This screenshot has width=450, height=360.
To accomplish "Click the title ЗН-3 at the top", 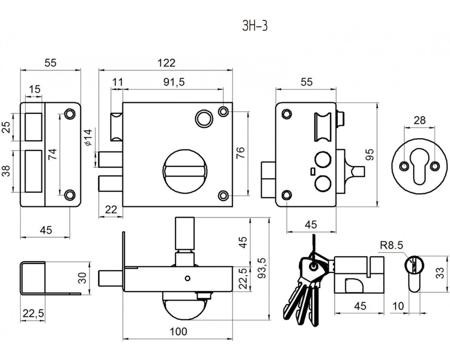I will [x=255, y=26].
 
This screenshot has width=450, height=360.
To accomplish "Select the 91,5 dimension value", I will [x=174, y=82].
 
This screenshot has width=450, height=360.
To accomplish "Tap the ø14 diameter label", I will [x=88, y=137].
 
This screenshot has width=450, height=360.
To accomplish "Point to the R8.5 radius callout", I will [x=391, y=245].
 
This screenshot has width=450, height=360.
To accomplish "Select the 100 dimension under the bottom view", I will [x=178, y=332].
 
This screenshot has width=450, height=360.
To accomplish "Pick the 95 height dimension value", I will [x=369, y=154].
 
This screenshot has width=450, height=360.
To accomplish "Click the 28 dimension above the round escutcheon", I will [x=419, y=120].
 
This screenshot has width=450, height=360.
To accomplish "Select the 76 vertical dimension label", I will [x=240, y=153].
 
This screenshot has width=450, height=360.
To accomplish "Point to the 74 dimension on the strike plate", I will [x=52, y=154].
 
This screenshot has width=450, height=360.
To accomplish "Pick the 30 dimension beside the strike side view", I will [x=82, y=278].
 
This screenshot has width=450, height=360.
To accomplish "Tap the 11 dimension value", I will [x=117, y=82].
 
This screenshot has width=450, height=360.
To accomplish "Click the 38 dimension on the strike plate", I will [x=7, y=171].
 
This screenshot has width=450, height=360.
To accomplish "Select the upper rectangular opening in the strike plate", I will [x=34, y=127].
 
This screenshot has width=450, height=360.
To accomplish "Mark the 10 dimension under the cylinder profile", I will [x=398, y=306].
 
